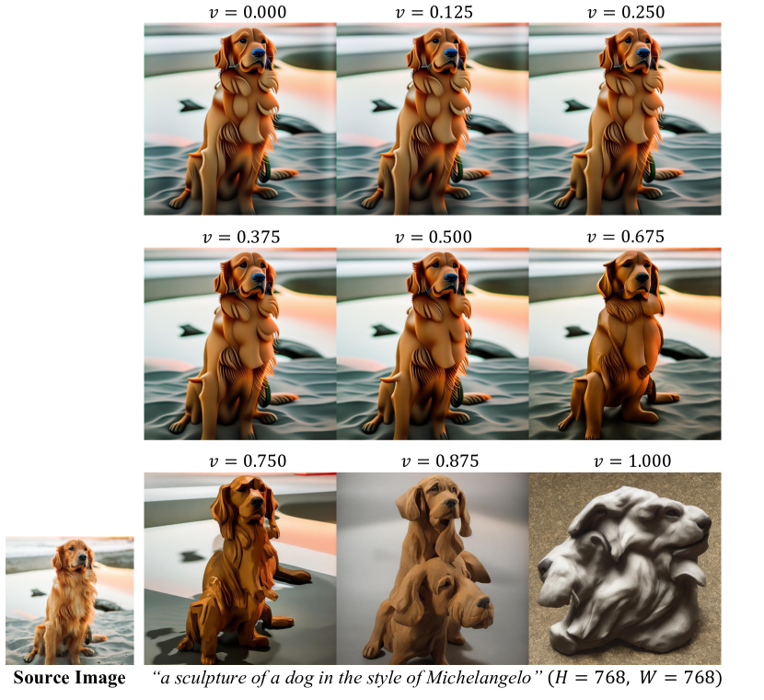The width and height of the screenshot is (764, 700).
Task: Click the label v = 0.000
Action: coord(248,12)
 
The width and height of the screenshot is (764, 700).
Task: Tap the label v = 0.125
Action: coord(434,12)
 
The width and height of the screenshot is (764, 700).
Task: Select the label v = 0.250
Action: coord(626,12)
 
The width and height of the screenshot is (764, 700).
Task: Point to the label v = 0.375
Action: coord(241,237)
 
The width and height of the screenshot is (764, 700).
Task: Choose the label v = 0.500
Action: coord(434,237)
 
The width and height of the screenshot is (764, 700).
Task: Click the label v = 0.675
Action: coord(626,237)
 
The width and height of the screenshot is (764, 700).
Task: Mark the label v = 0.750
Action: coord(248,461)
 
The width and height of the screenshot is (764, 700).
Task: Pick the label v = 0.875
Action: coord(440,461)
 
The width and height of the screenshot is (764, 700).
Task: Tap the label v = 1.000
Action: coord(632,461)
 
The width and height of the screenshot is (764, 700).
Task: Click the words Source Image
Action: coord(69,678)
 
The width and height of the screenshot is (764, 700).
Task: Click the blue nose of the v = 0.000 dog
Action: coord(259,52)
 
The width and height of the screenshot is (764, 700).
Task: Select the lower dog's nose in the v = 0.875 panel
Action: coord(482,603)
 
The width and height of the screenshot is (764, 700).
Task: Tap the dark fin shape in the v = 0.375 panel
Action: coord(190,331)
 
